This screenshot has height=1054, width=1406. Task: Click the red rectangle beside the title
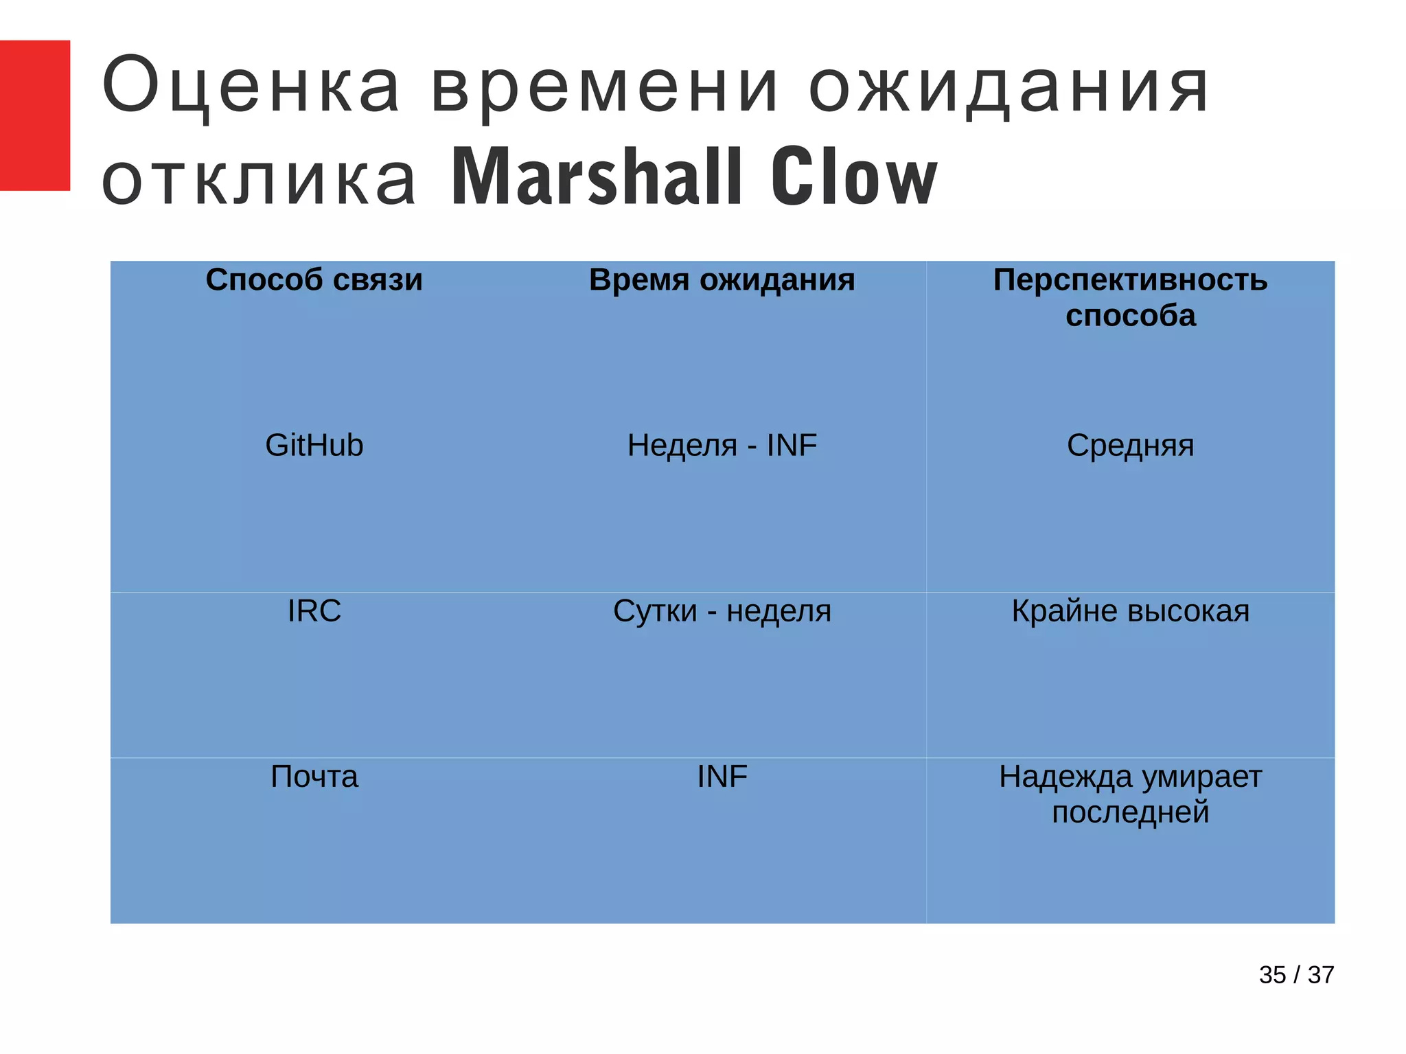coord(34,115)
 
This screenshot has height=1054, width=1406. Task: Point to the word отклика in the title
coord(259,179)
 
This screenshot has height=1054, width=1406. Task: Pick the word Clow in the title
coord(853,176)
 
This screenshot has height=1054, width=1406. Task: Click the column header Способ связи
coord(314,280)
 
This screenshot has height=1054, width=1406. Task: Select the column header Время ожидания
coord(722,280)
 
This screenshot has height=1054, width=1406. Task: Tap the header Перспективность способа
coord(1130,297)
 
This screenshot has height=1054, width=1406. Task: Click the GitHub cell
coord(314,446)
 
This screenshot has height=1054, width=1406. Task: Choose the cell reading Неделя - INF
coord(722,446)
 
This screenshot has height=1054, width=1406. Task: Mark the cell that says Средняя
coord(1130,446)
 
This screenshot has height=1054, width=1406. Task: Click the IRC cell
coord(314,611)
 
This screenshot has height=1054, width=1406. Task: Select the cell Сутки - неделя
coord(722,611)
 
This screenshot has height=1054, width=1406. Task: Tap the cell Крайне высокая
coord(1130,611)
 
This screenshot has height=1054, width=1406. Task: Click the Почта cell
coord(314,777)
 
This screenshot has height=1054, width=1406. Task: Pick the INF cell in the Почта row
coord(722,777)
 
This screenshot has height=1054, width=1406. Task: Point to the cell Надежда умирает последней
coord(1130,794)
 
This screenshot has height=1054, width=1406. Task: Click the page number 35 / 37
coord(1296,975)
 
